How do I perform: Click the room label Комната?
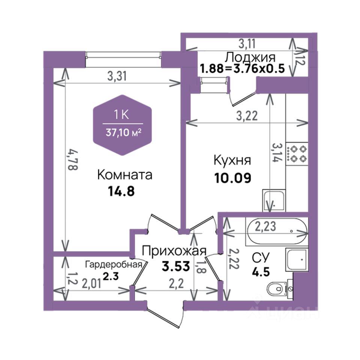coord(124,175)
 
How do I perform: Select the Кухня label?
coord(232,160)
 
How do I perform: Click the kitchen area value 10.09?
coord(233,178)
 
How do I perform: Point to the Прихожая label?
coord(174,251)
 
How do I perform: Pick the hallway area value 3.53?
coord(176,266)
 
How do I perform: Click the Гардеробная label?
coord(114,264)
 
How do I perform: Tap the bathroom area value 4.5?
coord(261,272)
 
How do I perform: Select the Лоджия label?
coord(250,57)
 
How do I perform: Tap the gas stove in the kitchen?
coord(297,154)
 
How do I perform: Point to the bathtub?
coord(277,231)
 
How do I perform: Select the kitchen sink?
coord(274,200)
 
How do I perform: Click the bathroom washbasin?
coord(296,259)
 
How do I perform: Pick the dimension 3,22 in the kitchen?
coord(247,116)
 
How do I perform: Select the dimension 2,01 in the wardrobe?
coord(91,284)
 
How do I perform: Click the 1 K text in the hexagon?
coord(122,114)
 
